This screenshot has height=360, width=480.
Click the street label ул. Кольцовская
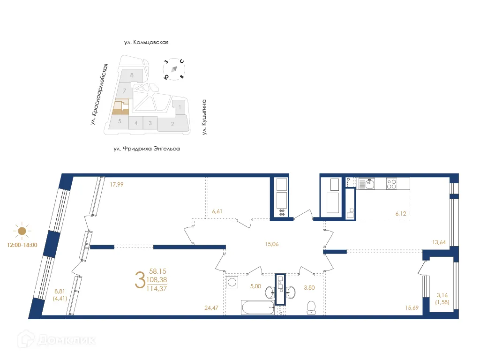[146, 42]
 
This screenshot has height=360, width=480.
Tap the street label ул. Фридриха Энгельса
[147, 149]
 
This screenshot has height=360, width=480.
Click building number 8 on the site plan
[132, 75]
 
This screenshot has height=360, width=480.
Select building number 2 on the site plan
[172, 124]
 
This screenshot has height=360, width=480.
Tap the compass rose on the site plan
[174, 69]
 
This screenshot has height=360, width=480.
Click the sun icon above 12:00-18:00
[22, 231]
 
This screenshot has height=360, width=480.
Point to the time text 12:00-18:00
[22, 244]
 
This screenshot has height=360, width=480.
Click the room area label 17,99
[117, 185]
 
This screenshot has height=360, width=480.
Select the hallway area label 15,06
[272, 243]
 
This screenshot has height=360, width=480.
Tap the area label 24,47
[211, 308]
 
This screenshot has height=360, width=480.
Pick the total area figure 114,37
[157, 288]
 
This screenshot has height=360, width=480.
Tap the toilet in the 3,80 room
[311, 307]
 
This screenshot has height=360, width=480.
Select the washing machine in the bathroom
[232, 282]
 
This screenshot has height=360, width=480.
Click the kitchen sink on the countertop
[369, 184]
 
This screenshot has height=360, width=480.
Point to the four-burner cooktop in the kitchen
[392, 184]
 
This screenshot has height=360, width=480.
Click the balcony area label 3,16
[442, 295]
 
